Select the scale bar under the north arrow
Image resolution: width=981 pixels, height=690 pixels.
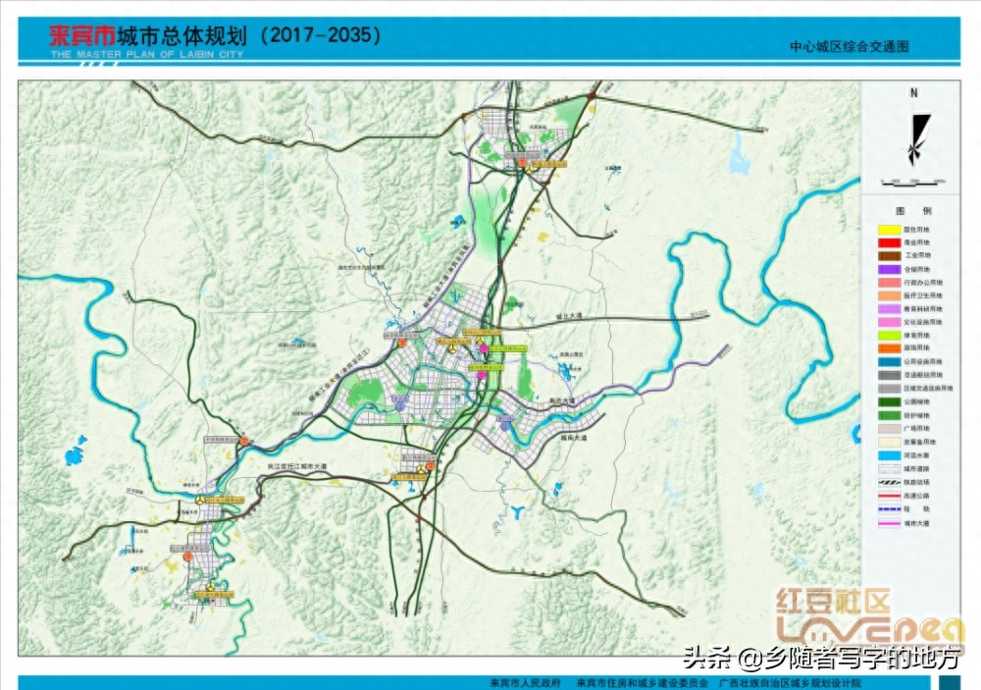(x=912, y=181)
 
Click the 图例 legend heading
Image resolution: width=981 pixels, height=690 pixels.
(x=913, y=211)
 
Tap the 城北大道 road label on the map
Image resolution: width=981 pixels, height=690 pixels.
(x=567, y=316)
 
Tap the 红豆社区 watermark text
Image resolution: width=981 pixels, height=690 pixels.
(x=833, y=601)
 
